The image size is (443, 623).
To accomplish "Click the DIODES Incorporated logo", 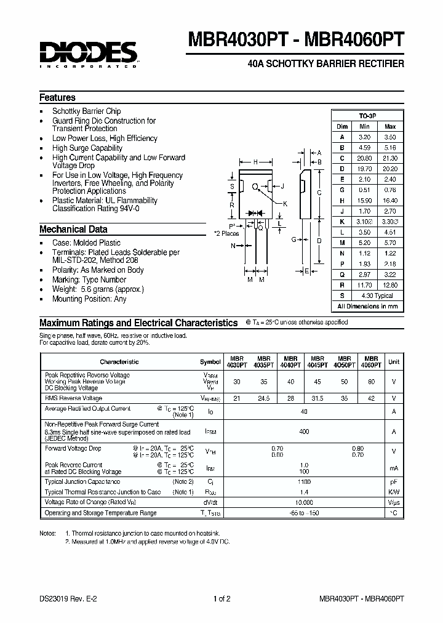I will pyautogui.click(x=89, y=54).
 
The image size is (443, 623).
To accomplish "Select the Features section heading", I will pyautogui.click(x=57, y=97).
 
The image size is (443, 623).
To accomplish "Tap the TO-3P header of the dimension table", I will pyautogui.click(x=367, y=116).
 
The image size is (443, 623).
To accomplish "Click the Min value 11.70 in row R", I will pyautogui.click(x=365, y=285).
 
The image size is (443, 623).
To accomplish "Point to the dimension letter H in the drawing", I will pyautogui.click(x=255, y=163).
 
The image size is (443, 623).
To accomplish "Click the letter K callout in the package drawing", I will pyautogui.click(x=285, y=203).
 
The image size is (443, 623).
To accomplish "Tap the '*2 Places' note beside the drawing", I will pyautogui.click(x=226, y=233).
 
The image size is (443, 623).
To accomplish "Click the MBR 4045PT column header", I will pyautogui.click(x=317, y=361).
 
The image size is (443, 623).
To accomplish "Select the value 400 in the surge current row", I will pyautogui.click(x=304, y=432).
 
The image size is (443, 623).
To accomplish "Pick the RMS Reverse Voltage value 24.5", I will pyautogui.click(x=265, y=398).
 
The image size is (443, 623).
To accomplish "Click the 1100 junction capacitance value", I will pyautogui.click(x=304, y=481).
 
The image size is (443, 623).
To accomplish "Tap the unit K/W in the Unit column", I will pyautogui.click(x=393, y=492).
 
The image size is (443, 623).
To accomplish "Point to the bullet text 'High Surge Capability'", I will pyautogui.click(x=87, y=148).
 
